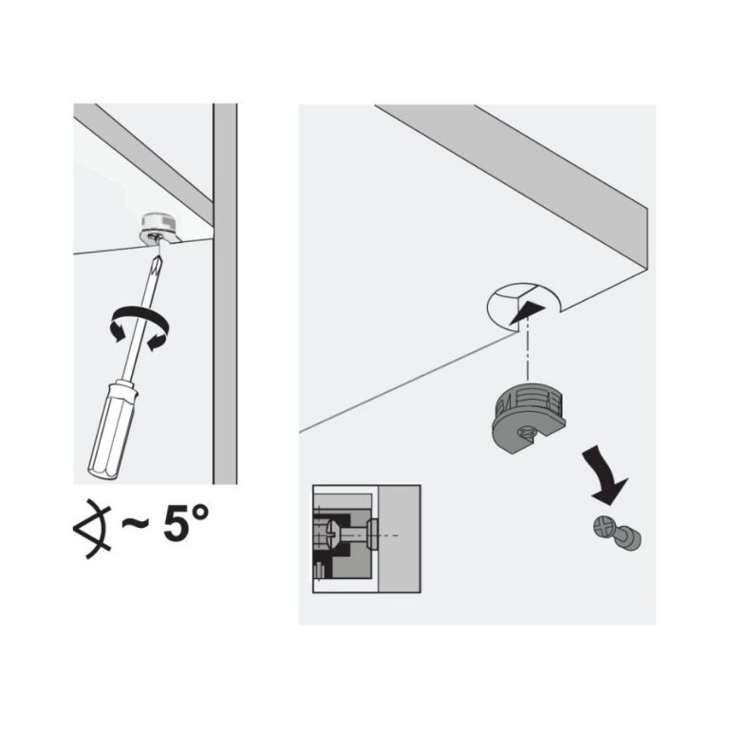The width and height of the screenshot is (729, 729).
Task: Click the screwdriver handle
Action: coord(112,430)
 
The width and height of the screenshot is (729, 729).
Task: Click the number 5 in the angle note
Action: coord(177,524)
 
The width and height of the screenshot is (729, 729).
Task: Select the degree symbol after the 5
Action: coord(200,514)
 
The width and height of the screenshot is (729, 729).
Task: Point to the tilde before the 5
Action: coord(136,524)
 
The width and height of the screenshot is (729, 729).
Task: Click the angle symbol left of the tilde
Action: coord(92,529)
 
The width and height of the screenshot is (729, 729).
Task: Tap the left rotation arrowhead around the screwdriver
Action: coord(117,331)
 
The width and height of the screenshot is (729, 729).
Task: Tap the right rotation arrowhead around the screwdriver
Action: coord(158,342)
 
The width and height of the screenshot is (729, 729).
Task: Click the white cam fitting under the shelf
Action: coord(158,228)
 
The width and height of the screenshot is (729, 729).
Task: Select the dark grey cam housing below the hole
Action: coord(527,418)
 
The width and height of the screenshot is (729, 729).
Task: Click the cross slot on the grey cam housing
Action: coord(529,433)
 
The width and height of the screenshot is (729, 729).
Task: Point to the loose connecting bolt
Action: coord(617,534)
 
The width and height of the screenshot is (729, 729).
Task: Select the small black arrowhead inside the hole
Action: coord(527,313)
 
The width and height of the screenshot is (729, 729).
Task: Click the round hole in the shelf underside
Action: coord(523,306)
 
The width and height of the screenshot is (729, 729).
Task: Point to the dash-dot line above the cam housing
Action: coord(527,352)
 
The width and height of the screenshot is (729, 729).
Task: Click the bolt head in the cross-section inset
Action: coord(372,535)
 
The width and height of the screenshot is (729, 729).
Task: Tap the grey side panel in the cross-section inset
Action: coord(400,539)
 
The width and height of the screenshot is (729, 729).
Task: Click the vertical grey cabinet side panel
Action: coord(225,293)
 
